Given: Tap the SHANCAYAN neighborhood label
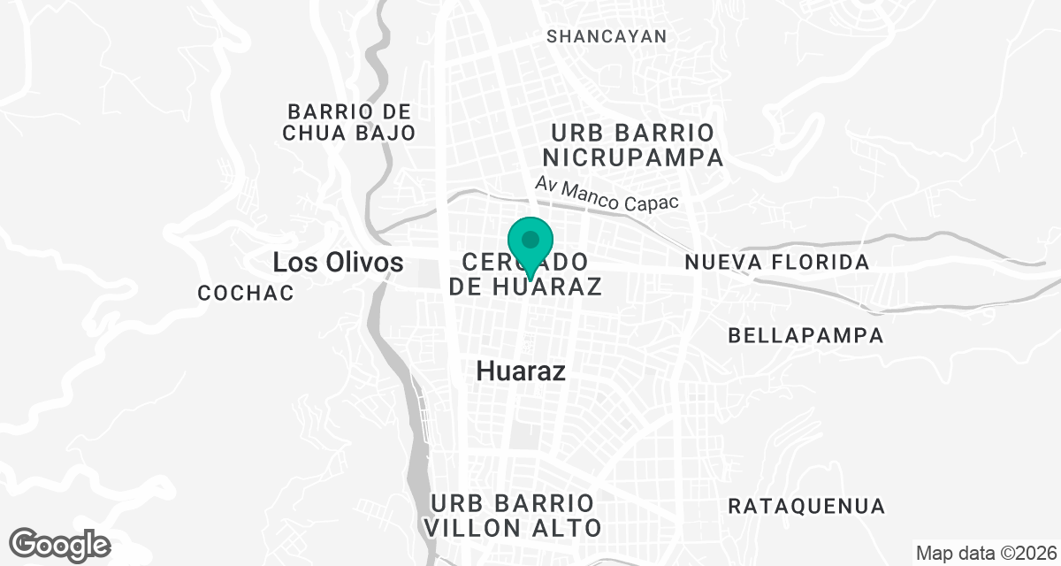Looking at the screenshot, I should pos(607,36).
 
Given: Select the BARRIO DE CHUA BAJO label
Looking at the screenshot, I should pos(350,123).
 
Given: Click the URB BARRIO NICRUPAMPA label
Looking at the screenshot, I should pos(633,146).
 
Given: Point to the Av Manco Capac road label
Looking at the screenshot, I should pos(607,195).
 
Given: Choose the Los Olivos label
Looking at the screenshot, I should pos(338,263).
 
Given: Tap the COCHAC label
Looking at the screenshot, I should pos(246,294).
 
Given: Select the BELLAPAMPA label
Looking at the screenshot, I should pos(805,336).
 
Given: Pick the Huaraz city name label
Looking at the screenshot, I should pos(521,371).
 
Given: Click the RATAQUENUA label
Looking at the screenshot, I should pos(805,507).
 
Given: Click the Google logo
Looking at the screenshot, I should pos(60,544).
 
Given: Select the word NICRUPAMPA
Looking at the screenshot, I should pos(633,158).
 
